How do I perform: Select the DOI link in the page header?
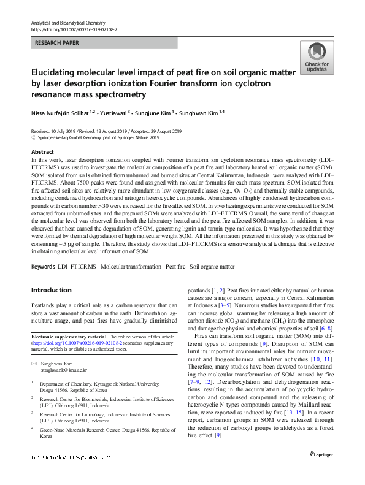click(x=74, y=29)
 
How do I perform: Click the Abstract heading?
click(x=42, y=151)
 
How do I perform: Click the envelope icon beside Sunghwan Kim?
click(x=34, y=364)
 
